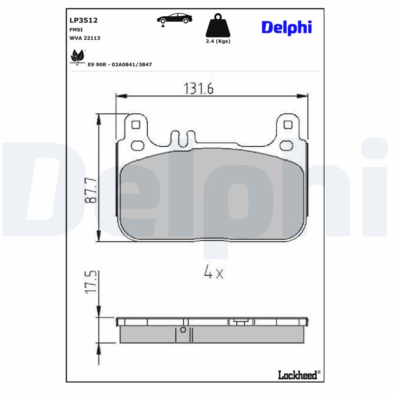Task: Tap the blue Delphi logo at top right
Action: [286, 28]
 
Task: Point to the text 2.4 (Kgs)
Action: [218, 41]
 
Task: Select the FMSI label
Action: [76, 30]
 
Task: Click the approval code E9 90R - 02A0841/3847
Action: [120, 65]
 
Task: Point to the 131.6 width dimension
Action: [198, 88]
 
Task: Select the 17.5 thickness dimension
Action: [90, 283]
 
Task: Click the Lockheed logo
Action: [298, 375]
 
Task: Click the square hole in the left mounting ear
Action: [135, 125]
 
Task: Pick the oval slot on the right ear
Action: [286, 145]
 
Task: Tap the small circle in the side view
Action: [183, 330]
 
